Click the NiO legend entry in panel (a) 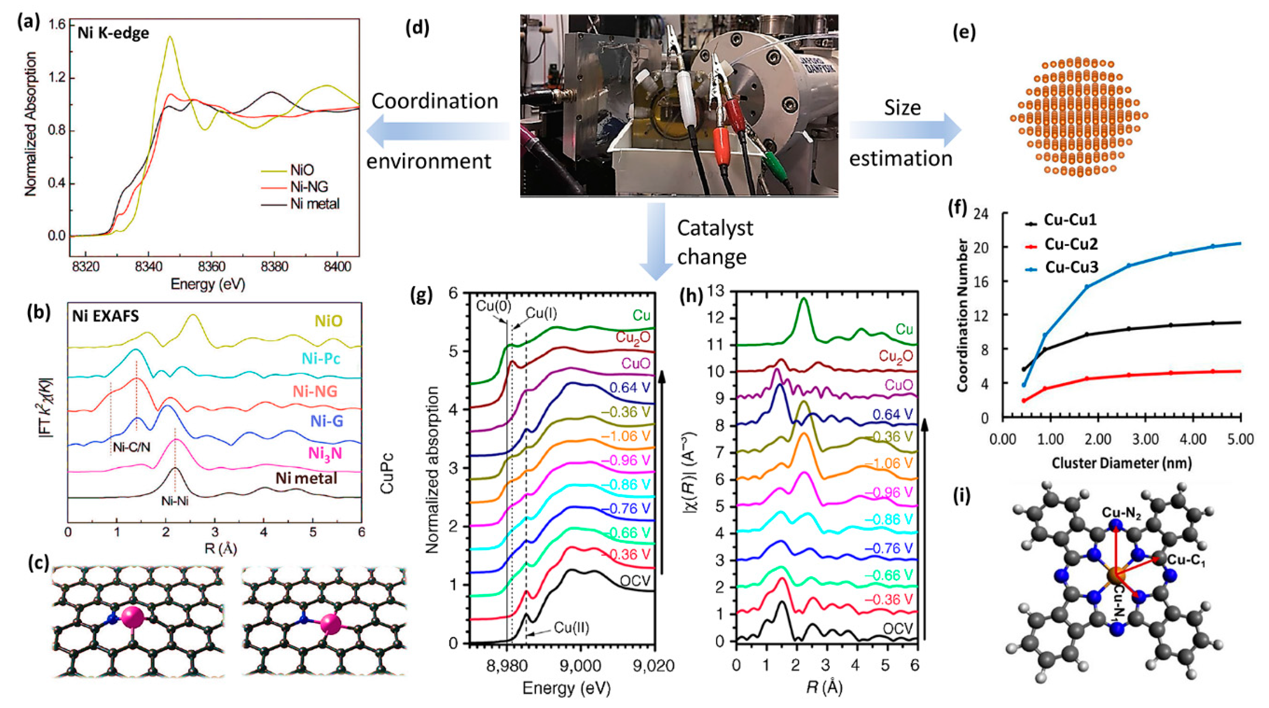302,170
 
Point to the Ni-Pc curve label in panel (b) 321,358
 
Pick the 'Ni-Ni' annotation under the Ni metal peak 175,502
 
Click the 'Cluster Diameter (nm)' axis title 1121,463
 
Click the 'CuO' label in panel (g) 635,364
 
